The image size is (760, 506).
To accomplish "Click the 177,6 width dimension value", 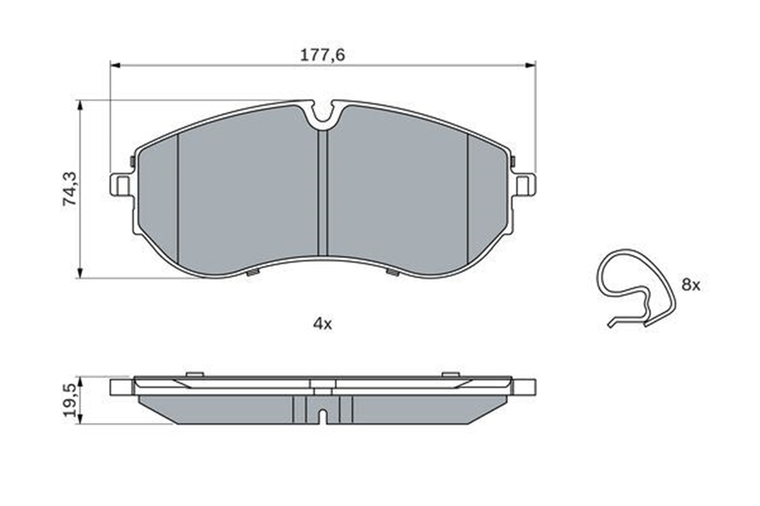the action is (323, 55).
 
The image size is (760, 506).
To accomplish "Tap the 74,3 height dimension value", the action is (70, 189).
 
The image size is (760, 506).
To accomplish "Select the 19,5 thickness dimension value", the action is (70, 400).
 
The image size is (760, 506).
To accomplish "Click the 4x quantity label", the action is (322, 324).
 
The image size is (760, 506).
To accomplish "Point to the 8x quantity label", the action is (690, 285).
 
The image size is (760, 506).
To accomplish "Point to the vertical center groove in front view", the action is (323, 193).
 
